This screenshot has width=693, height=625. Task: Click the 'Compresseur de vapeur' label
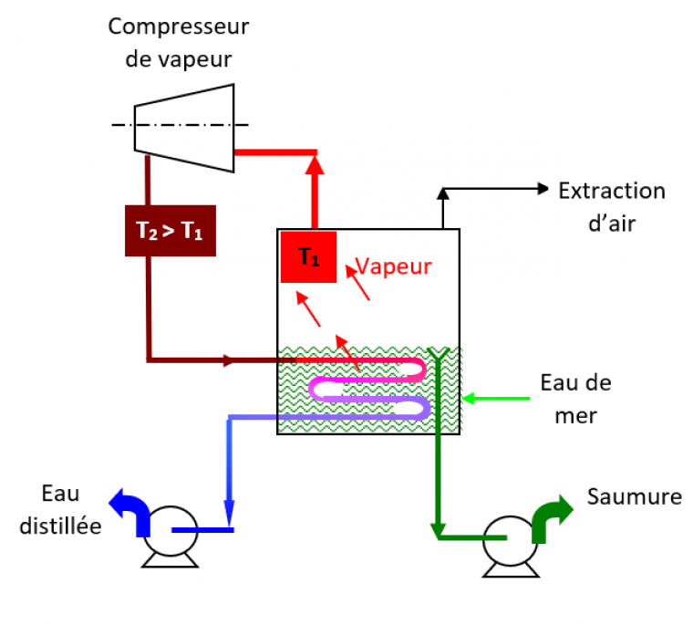click(178, 42)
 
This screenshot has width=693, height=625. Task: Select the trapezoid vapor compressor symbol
click(185, 126)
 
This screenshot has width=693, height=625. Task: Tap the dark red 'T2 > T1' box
click(170, 231)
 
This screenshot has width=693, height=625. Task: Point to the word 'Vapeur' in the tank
click(393, 266)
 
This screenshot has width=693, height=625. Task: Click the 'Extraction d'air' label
click(612, 205)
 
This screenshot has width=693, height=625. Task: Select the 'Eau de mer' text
click(574, 399)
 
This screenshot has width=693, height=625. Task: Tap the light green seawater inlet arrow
click(497, 398)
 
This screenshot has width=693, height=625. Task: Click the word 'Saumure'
click(635, 497)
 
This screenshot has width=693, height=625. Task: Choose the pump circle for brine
click(506, 537)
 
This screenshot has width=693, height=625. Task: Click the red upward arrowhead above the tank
click(315, 164)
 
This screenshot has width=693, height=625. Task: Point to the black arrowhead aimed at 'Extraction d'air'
click(544, 189)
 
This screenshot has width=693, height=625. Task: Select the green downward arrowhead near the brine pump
click(439, 529)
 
